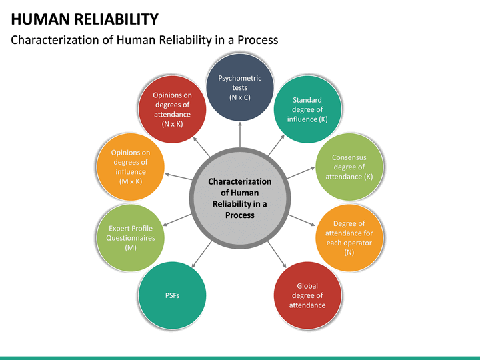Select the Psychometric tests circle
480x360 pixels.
pos(240,87)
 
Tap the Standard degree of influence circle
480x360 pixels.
pos(307,109)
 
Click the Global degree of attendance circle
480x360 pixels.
pos(307,295)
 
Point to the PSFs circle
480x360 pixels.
pos(173,295)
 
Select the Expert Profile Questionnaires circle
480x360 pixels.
pos(130,238)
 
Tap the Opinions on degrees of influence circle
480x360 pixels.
pos(130,167)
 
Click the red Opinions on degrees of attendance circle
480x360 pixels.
pos(172,109)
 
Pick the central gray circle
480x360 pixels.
pos(240,197)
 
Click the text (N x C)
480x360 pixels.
pos(240,97)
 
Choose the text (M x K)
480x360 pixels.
pos(130,181)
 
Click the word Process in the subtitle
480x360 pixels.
pos(255,40)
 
